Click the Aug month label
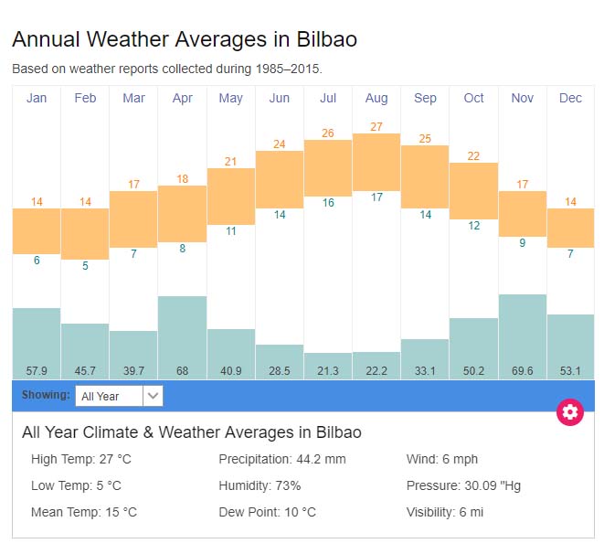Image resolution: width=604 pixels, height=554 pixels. coord(376,98)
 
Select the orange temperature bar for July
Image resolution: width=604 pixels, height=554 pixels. coord(328,167)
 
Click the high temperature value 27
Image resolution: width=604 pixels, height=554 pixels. coord(376,126)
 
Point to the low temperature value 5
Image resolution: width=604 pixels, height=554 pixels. coord(85,266)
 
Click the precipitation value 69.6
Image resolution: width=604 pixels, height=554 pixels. coord(523,370)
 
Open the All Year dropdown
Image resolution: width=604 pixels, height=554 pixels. coord(119,396)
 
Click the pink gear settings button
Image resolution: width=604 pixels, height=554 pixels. coord(570,411)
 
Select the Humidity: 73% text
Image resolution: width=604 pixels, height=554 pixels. coord(260,485)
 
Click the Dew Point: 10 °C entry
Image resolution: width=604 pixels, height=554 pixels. coord(267,512)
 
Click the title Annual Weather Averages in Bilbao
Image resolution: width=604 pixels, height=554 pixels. coord(184,39)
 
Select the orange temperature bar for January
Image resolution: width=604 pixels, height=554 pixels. coord(37,230)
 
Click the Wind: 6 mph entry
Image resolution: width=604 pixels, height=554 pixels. coord(442,459)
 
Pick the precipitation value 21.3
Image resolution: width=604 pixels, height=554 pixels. coord(328,370)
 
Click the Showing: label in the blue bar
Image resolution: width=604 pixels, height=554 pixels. coord(46,395)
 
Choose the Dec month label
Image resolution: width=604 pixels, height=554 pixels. coord(570,98)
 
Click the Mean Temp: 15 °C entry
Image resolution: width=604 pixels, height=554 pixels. coord(83,512)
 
